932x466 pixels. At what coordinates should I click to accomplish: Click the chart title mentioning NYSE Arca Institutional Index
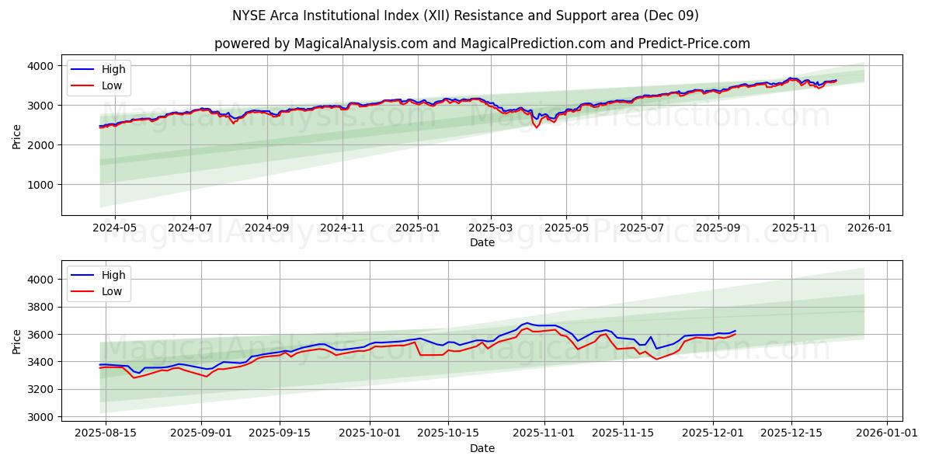point(465,16)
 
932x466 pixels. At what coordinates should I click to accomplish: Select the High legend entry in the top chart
point(113,69)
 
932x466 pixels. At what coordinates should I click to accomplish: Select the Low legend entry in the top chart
point(111,85)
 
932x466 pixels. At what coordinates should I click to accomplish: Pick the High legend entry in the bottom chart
point(113,275)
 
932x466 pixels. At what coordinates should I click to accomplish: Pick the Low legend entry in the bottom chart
point(111,291)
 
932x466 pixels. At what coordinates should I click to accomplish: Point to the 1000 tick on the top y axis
point(43,185)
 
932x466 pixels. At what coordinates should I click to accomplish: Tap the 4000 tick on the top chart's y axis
point(43,66)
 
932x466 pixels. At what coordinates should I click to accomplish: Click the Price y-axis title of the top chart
point(17,135)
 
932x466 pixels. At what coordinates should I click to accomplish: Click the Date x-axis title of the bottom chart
point(482,448)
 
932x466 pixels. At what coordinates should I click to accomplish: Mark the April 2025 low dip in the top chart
point(537,127)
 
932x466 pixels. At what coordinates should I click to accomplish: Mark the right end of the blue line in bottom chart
point(736,330)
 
